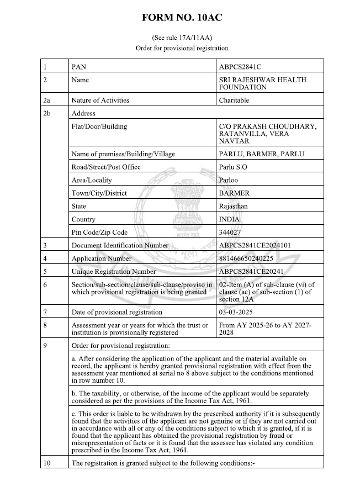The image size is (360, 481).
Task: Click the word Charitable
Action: pos(234,101)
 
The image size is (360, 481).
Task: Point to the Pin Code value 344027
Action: pos(230,232)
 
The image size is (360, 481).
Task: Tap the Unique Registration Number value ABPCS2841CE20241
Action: pos(255,272)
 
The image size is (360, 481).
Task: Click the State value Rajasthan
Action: pos(234,206)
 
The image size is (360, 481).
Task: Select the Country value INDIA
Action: pos(230,219)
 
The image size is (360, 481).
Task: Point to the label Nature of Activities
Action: pos(100,101)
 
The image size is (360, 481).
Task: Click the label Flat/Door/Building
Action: pos(99,126)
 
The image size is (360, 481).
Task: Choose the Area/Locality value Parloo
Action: pos(229,180)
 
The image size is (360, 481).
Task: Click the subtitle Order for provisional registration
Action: pos(182,48)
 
